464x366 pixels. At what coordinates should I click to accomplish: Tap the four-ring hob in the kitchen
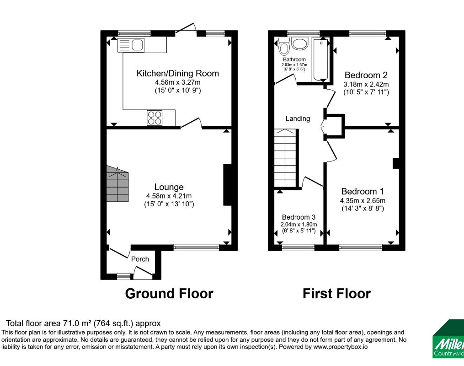click(154, 118)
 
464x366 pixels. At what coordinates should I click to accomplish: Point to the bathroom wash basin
click(300, 44)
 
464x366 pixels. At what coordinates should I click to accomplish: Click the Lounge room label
click(169, 187)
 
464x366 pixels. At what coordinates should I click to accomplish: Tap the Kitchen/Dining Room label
click(178, 73)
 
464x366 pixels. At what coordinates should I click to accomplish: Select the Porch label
click(140, 259)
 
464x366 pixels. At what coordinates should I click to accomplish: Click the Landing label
click(298, 118)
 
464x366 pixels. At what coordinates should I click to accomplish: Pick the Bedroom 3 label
click(299, 217)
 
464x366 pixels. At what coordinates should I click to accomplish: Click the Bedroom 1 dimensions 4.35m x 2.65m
click(363, 200)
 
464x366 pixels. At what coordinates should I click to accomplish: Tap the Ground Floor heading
click(169, 293)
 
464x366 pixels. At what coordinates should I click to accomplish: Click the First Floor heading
click(336, 293)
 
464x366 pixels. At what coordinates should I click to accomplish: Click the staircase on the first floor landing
click(286, 158)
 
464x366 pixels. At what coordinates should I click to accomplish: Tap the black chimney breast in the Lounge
click(227, 185)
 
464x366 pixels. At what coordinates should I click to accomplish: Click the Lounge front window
click(196, 248)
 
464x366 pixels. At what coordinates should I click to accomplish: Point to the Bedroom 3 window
click(298, 248)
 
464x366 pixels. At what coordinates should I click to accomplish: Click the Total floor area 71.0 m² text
click(83, 323)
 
